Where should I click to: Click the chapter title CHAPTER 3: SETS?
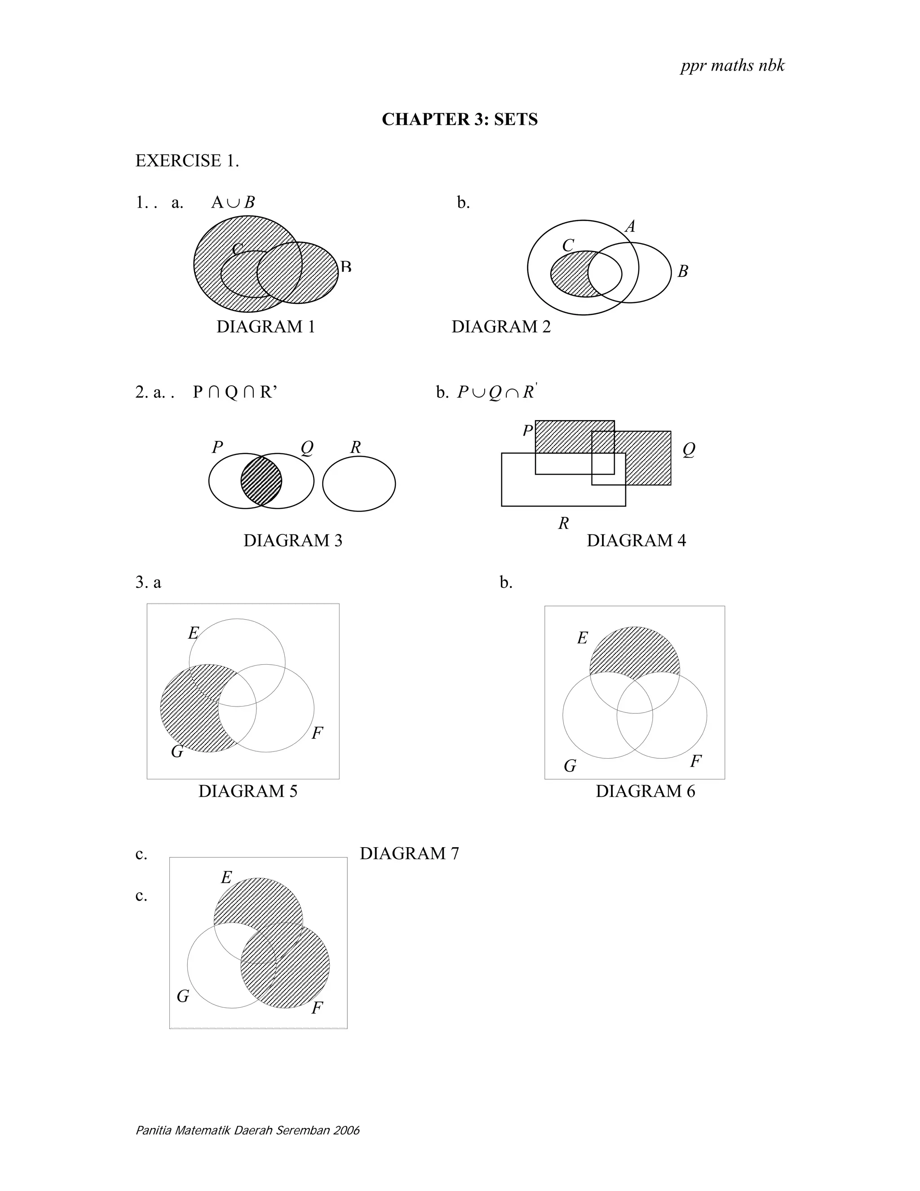[460, 120]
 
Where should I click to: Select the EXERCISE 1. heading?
[187, 161]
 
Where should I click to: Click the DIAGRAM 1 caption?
[265, 327]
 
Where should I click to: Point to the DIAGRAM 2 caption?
[501, 327]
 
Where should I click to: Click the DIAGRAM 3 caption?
[293, 540]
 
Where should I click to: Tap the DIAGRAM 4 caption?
[636, 540]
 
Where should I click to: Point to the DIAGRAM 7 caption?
[409, 853]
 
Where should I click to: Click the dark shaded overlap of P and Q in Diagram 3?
[261, 481]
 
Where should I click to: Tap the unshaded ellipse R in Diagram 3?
[358, 484]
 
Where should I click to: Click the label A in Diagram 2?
[630, 227]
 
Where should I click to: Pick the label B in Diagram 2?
[683, 271]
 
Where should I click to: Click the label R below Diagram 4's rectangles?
[564, 524]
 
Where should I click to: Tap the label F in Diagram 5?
[317, 733]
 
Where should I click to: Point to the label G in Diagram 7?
[182, 996]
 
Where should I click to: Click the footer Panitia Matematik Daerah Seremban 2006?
[248, 1130]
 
